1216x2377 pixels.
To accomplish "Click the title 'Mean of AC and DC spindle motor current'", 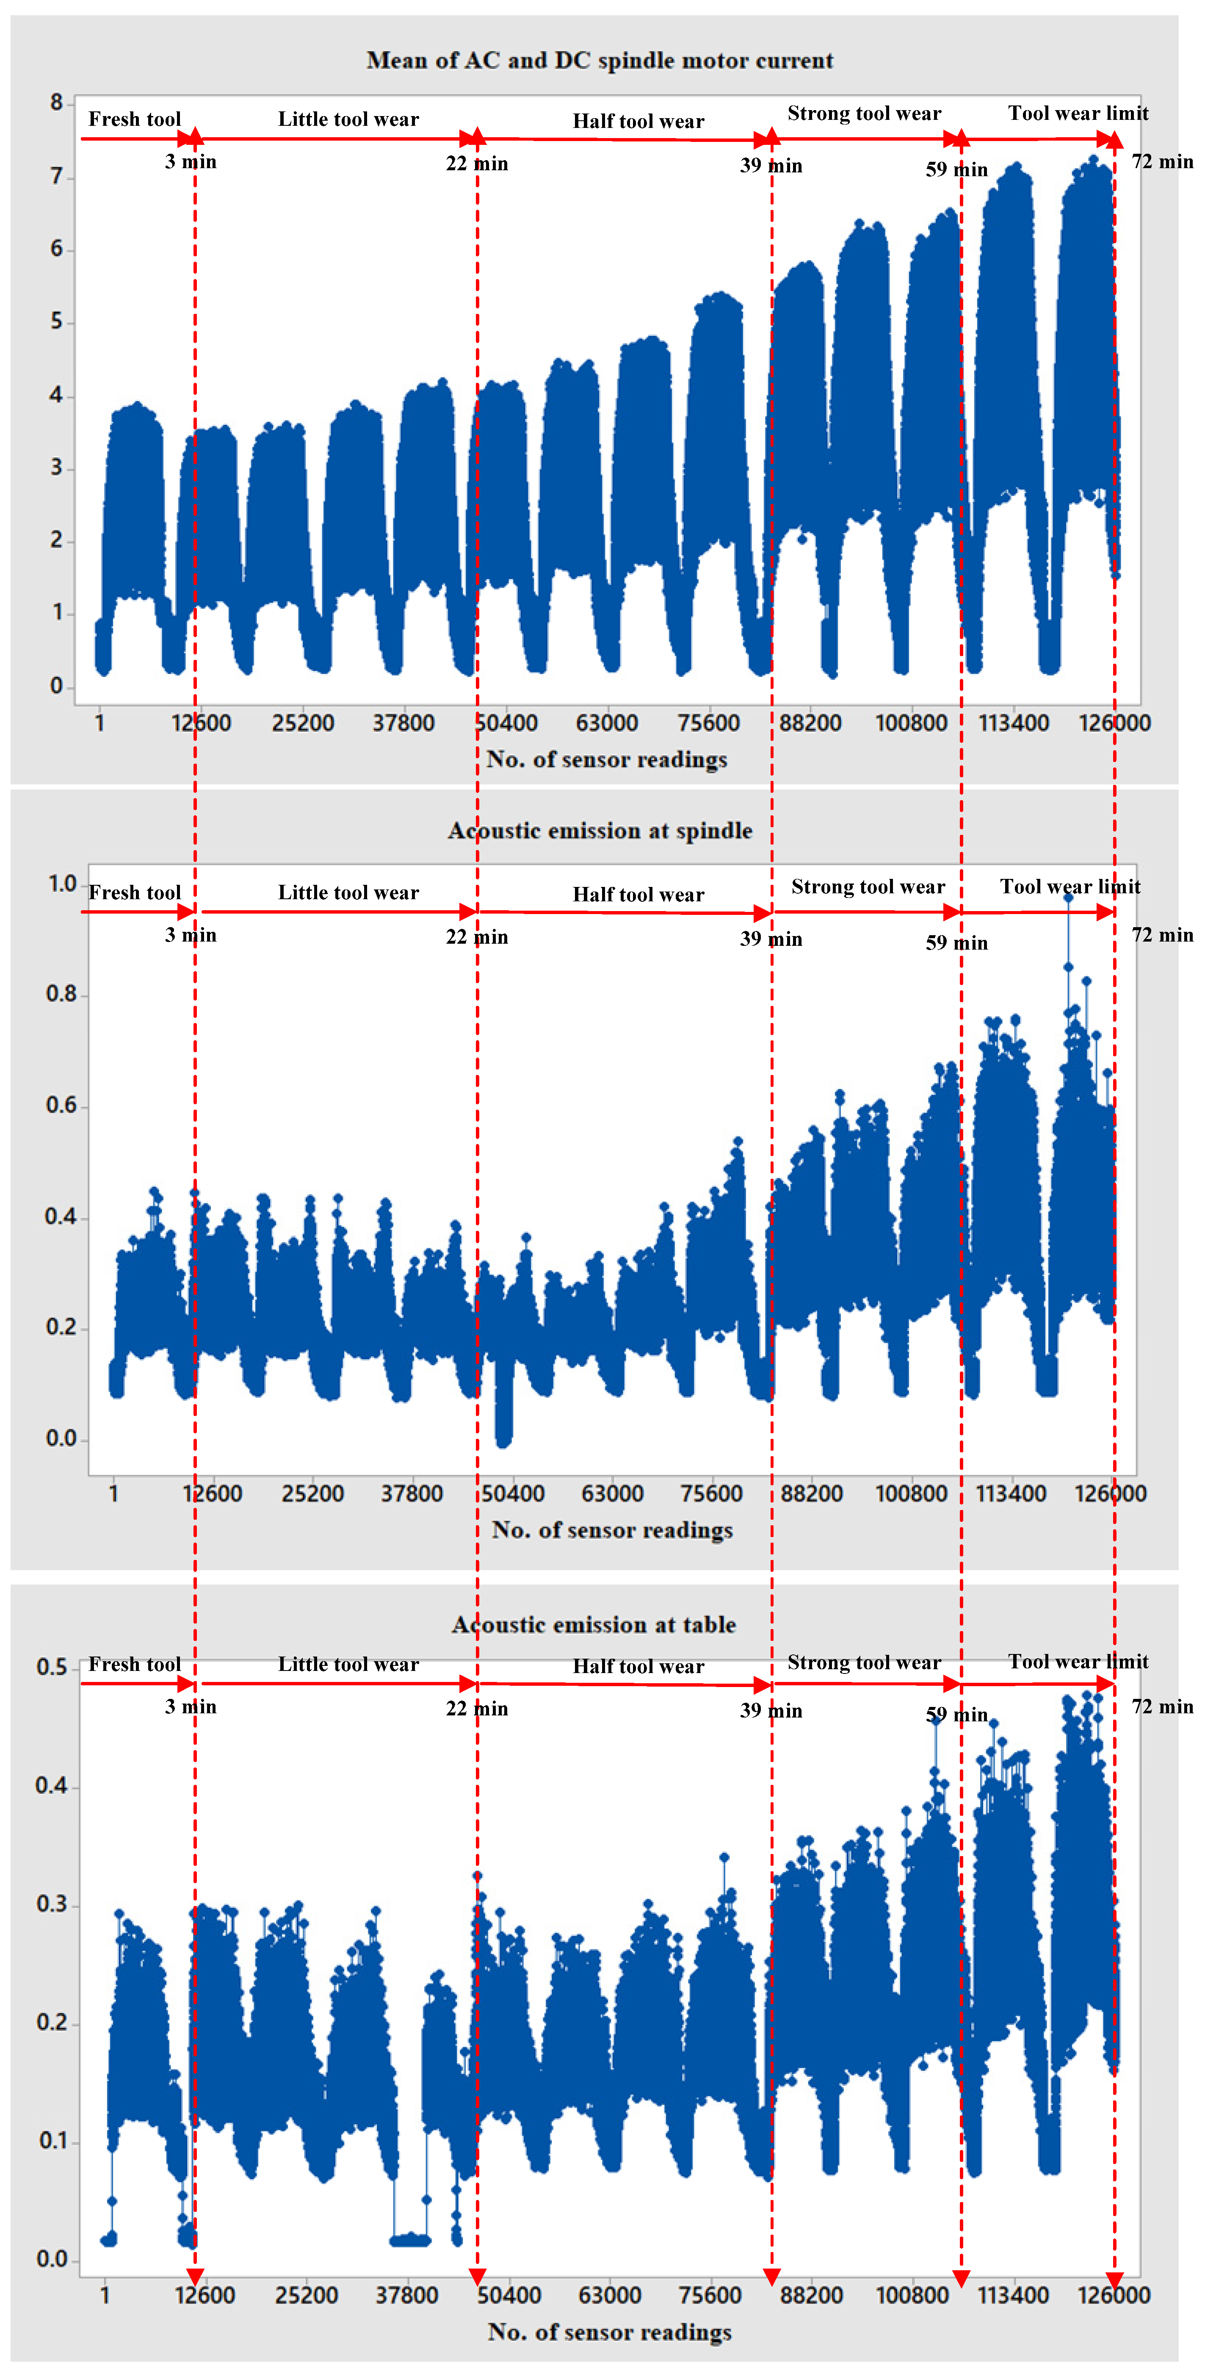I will (x=600, y=61).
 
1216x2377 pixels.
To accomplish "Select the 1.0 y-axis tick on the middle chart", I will (x=62, y=884).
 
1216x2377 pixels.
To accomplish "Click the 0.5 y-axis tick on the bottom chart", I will (x=52, y=1666).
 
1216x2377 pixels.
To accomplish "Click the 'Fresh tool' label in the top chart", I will (x=135, y=119).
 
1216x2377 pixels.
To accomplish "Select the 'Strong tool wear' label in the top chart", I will (x=864, y=114).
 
